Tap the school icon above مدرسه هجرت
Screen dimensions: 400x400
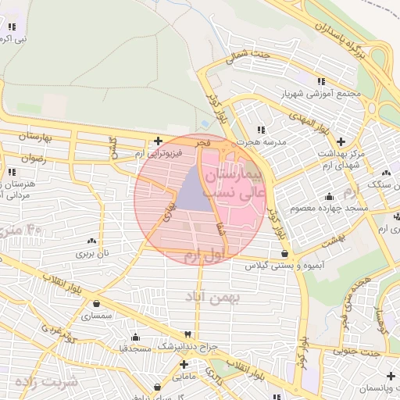click(261, 130)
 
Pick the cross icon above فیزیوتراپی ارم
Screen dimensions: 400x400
click(159, 141)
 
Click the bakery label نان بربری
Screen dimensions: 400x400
click(93, 254)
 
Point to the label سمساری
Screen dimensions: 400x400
click(97, 316)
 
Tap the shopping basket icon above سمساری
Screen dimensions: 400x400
click(96, 304)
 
